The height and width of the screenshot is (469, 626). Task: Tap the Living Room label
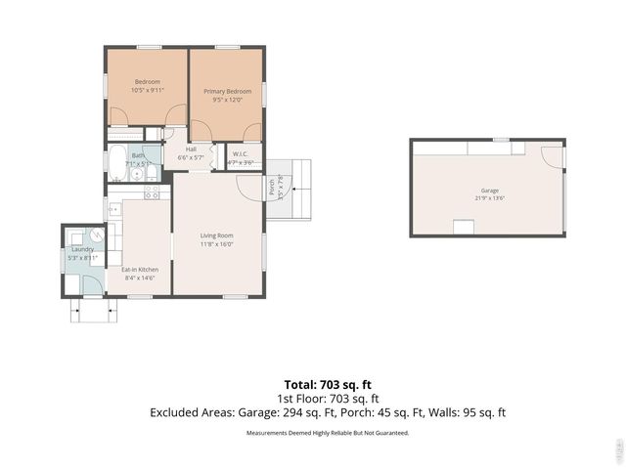coord(217,235)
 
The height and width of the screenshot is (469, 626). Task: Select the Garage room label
coord(489,190)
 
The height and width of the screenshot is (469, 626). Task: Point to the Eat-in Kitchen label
coord(140,269)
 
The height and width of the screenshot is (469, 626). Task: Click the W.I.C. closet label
coord(241,153)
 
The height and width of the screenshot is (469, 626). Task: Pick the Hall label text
coord(192,149)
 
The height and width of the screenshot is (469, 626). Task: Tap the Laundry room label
coord(81,249)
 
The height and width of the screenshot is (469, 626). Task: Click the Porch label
coord(271,185)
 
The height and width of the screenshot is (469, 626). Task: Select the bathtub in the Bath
coord(117,162)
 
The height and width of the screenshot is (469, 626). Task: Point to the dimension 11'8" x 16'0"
coord(217,244)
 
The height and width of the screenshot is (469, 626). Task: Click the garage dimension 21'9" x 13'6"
coord(489,198)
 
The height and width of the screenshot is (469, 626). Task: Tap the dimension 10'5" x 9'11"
coord(147,90)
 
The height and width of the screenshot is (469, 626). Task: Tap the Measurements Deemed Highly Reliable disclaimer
coord(327,432)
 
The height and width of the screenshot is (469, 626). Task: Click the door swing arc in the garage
coord(554,155)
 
